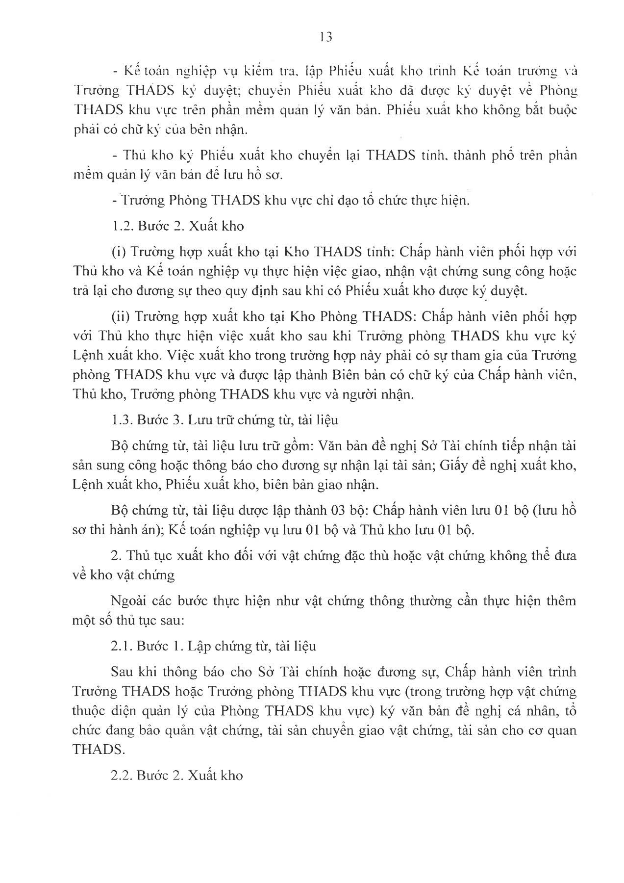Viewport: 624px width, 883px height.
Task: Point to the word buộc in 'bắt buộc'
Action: [563, 110]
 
